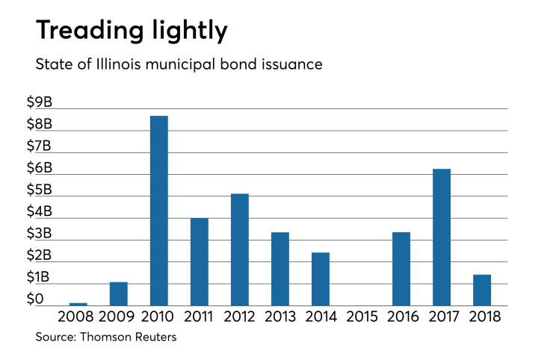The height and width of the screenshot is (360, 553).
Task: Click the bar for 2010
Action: pyautogui.click(x=158, y=211)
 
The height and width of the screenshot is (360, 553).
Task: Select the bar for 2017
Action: pyautogui.click(x=441, y=238)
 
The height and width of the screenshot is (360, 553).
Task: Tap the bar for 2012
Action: pyautogui.click(x=239, y=249)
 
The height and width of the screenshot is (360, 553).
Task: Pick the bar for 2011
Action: pyautogui.click(x=199, y=261)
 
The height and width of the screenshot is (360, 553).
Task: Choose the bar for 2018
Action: pyautogui.click(x=481, y=291)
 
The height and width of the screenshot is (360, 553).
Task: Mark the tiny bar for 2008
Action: pyautogui.click(x=78, y=304)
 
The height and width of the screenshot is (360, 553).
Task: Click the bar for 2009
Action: pyautogui.click(x=118, y=294)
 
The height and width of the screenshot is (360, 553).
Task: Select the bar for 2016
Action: pyautogui.click(x=401, y=269)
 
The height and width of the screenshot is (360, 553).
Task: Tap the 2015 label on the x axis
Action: pyautogui.click(x=360, y=317)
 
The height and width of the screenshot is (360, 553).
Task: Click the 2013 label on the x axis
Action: pyautogui.click(x=279, y=317)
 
